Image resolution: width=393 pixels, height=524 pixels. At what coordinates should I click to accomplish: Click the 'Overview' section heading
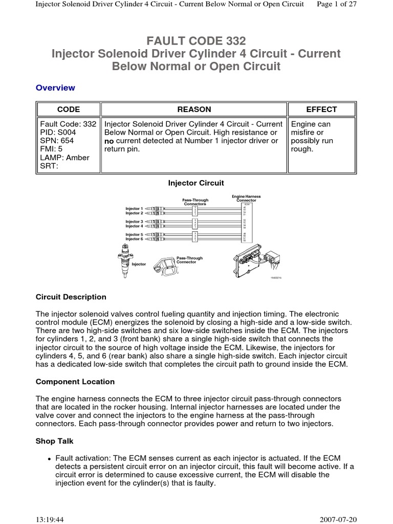click(x=55, y=88)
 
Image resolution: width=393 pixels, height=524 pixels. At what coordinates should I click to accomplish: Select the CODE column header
click(x=69, y=110)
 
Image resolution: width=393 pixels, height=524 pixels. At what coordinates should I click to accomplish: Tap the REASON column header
click(x=194, y=110)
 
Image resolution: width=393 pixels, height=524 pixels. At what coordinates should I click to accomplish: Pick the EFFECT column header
click(x=321, y=110)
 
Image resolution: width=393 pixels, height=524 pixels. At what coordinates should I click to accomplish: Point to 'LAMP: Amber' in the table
click(x=64, y=158)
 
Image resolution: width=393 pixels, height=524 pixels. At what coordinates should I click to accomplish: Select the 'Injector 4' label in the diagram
click(x=134, y=226)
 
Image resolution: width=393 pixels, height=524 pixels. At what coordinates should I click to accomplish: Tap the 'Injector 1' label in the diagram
click(x=134, y=209)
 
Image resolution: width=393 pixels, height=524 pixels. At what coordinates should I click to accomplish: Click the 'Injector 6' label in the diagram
click(x=134, y=239)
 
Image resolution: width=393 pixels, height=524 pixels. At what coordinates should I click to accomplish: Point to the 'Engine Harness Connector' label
click(x=246, y=198)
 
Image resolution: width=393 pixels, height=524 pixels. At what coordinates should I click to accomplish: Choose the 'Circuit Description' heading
click(x=71, y=297)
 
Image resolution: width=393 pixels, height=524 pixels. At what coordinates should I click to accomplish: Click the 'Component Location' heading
click(x=75, y=382)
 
